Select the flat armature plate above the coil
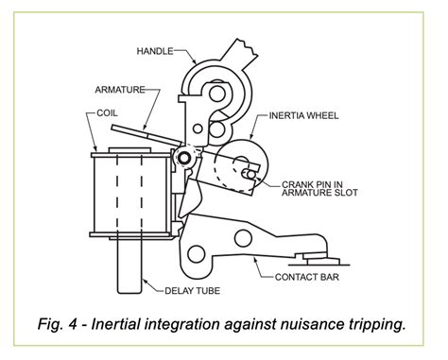coord(142,133)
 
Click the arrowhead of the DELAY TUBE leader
coord(141,282)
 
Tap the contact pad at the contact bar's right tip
coord(311,253)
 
